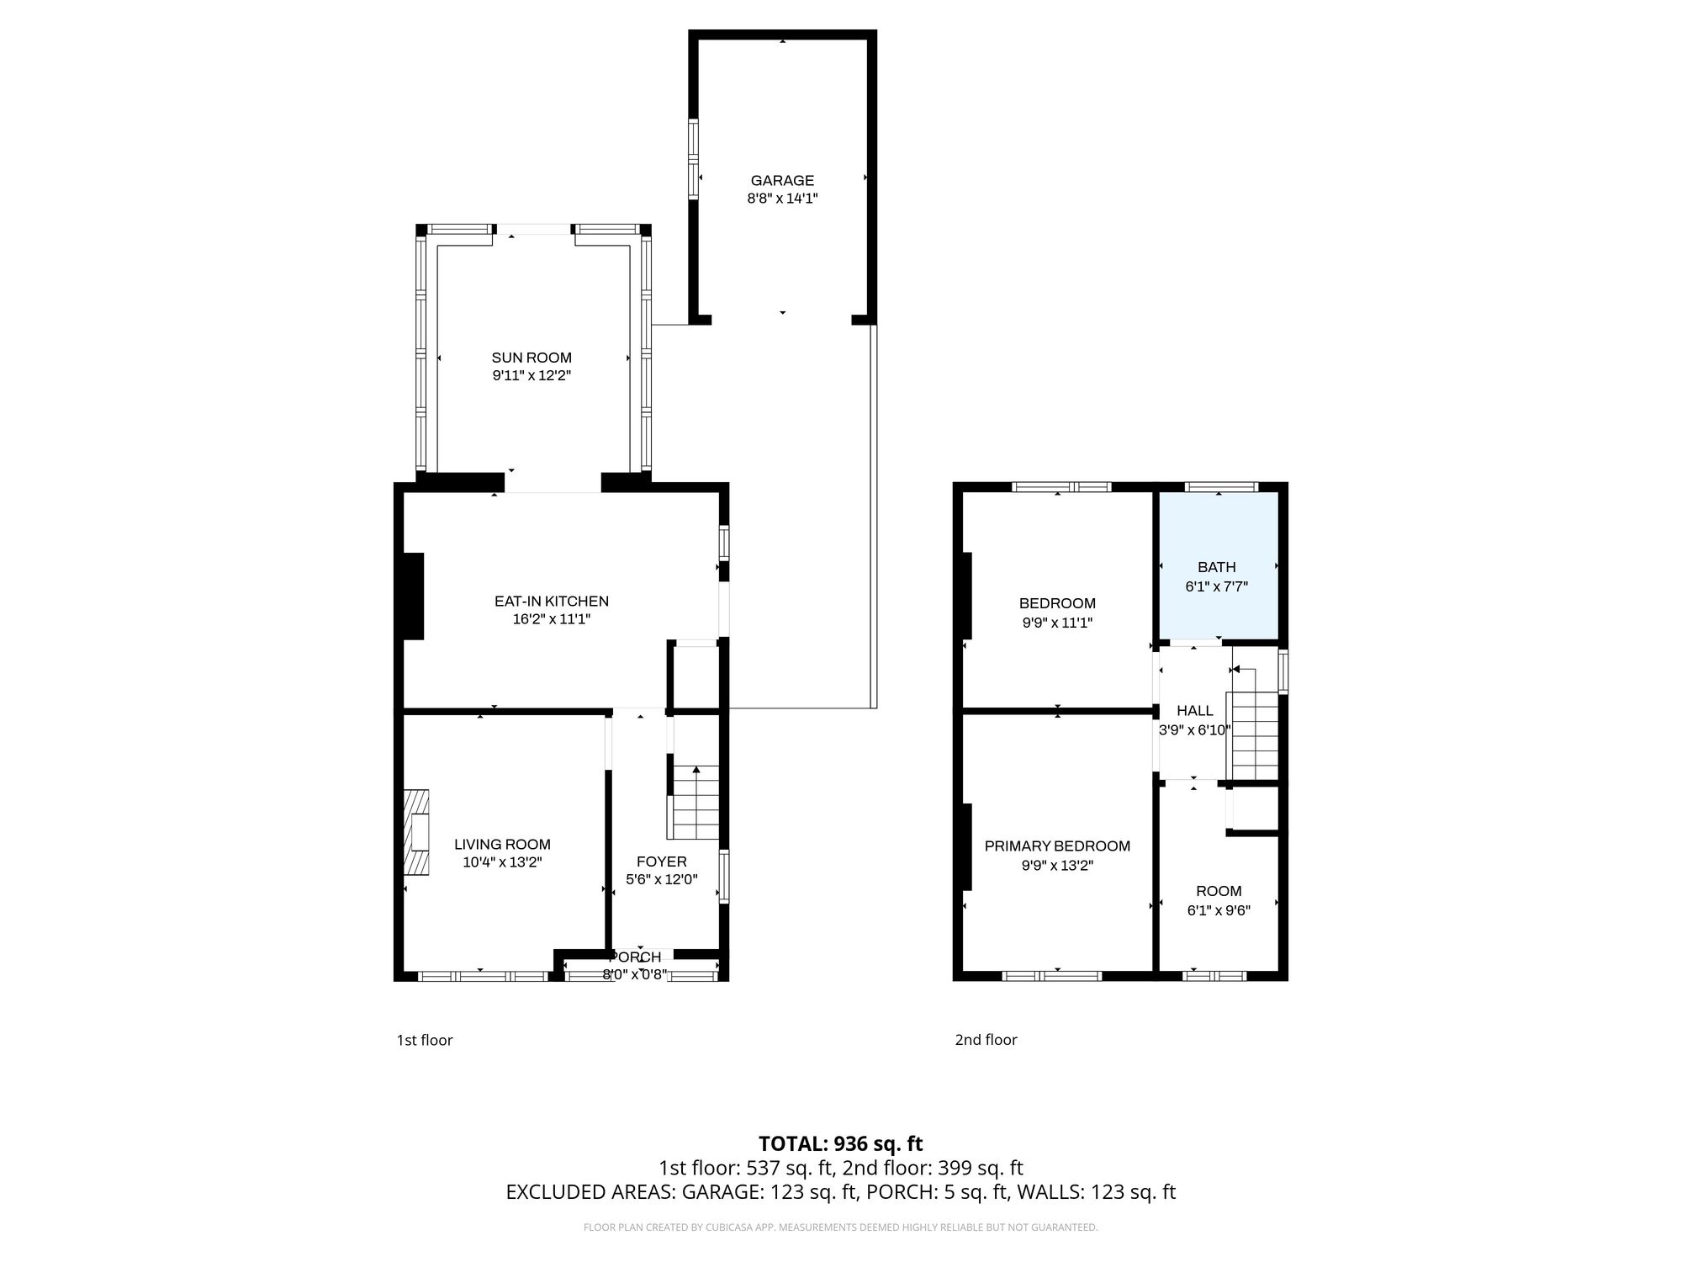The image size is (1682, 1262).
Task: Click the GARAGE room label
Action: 782,180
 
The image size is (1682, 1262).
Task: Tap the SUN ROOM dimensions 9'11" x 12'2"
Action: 532,376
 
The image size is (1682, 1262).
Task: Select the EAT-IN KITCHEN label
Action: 551,602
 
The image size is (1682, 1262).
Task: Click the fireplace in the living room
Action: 416,833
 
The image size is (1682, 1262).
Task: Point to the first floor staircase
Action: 695,803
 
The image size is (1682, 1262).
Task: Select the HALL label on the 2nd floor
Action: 1194,711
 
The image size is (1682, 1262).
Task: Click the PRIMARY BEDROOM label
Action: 1057,846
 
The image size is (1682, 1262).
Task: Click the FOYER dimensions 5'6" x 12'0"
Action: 662,880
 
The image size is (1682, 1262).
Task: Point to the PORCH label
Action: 635,957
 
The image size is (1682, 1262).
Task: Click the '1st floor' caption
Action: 425,1040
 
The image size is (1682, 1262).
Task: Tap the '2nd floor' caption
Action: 986,1040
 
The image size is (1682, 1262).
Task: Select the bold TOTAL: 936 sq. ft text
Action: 840,1144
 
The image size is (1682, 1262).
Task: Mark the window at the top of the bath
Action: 1221,486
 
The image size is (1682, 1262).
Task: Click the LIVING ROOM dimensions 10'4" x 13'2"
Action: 502,862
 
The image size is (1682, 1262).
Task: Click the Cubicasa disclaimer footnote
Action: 840,1228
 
